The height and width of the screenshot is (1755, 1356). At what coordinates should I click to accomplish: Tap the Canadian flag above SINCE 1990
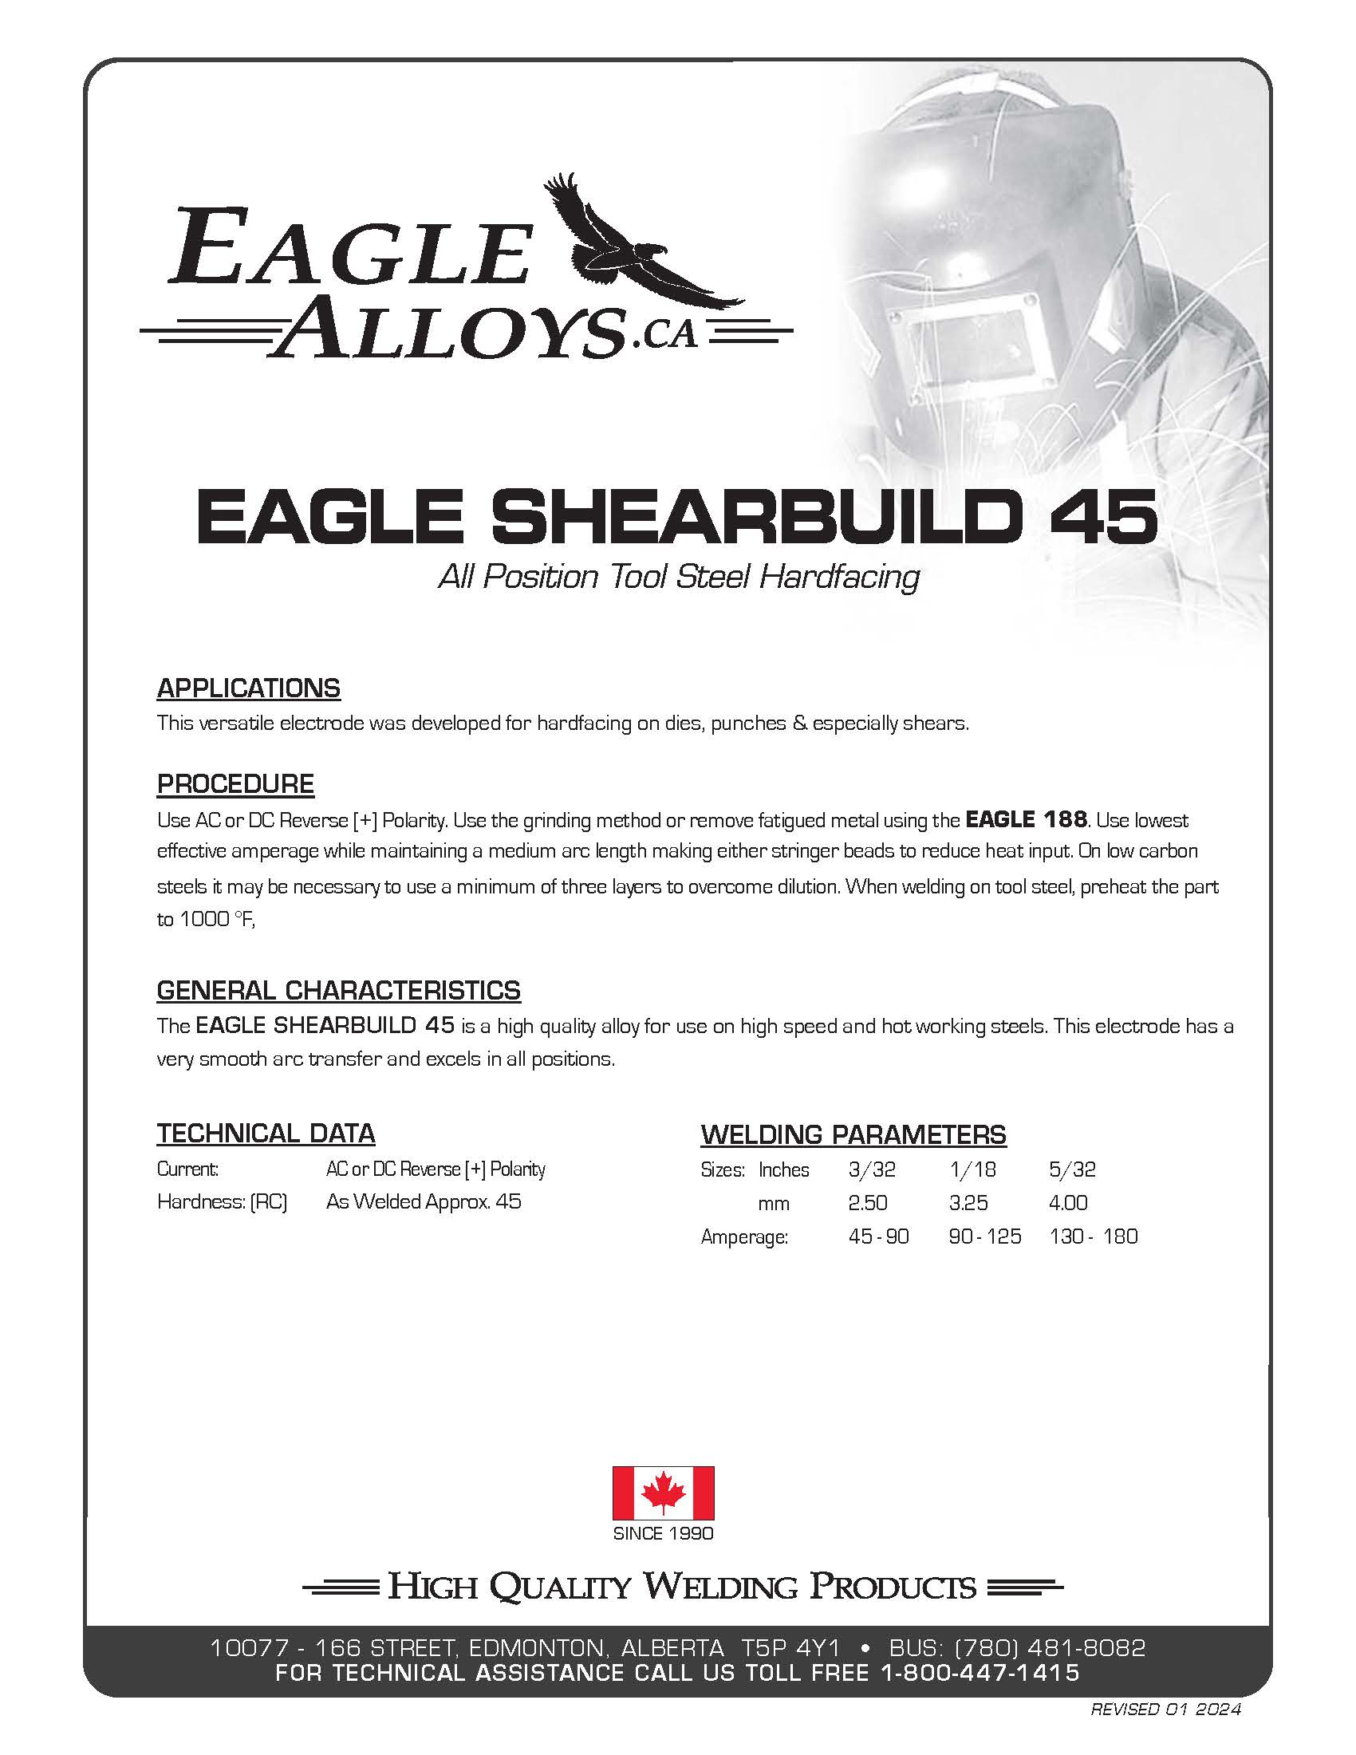coord(663,1493)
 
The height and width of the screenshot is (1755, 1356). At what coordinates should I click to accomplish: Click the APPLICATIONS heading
coord(248,688)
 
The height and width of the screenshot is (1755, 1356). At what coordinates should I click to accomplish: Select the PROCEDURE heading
coord(235,783)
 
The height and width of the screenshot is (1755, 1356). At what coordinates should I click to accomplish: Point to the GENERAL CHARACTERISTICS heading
coord(338,990)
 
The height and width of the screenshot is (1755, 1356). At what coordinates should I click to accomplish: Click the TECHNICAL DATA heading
coord(266,1133)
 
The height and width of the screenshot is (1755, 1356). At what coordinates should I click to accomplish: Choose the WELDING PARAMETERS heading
coord(853,1134)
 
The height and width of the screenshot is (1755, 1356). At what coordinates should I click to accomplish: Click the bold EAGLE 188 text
coord(1026,819)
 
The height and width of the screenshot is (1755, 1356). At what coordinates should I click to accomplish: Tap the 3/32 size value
coord(872,1169)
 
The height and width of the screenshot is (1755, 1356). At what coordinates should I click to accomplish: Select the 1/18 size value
coord(972,1169)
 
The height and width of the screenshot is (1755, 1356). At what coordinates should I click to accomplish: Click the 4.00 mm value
coord(1068,1203)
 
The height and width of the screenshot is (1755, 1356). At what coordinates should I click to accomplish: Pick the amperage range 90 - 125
coord(985,1236)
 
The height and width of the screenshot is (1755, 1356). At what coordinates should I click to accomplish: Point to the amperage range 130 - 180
coord(1094,1236)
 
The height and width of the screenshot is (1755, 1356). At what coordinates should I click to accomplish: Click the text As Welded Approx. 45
coord(424,1201)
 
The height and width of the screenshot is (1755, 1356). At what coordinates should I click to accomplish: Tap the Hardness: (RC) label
coord(223,1201)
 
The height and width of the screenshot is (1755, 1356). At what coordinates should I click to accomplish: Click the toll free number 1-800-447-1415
coord(980,1673)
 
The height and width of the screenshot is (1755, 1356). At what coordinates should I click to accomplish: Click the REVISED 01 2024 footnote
coord(1165,1710)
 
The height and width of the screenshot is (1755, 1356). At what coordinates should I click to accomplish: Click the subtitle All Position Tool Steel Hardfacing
coord(679,577)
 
